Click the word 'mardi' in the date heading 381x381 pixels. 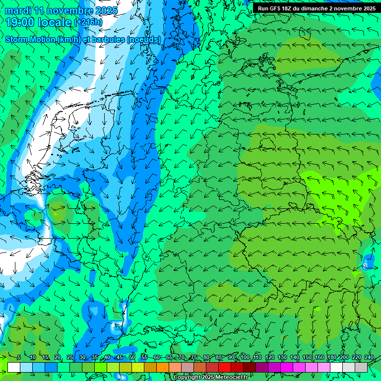17,10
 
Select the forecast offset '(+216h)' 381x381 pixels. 88,22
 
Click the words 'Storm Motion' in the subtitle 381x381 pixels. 30,39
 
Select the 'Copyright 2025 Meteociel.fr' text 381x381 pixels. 210,378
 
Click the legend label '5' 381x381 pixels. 19,358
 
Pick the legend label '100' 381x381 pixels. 245,358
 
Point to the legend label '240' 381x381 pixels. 369,358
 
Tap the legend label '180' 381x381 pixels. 331,358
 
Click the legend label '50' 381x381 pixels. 131,358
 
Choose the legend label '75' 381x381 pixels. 194,358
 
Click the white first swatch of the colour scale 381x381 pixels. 14,367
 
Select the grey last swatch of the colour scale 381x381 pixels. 361,367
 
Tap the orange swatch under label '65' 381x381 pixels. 163,367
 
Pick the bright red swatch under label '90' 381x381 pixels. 225,367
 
